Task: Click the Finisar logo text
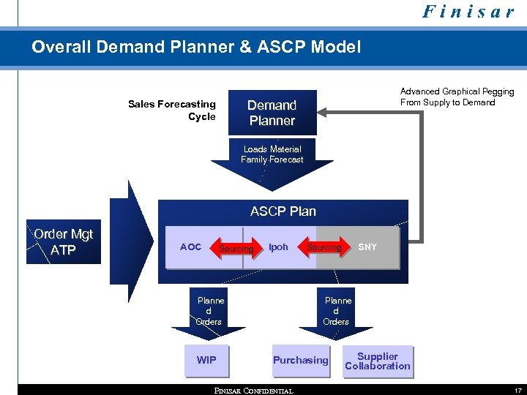click(468, 12)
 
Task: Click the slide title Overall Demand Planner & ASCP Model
click(196, 48)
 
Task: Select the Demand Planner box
click(272, 113)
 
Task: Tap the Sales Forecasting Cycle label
click(173, 110)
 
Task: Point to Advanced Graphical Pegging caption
click(457, 97)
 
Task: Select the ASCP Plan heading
click(283, 211)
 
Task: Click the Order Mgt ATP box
click(64, 242)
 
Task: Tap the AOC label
click(190, 247)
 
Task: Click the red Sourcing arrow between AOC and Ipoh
click(236, 249)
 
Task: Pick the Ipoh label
click(278, 247)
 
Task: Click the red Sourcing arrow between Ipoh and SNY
click(324, 247)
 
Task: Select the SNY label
click(367, 247)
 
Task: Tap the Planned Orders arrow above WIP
click(210, 315)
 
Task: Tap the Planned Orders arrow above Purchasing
click(337, 315)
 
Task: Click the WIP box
click(206, 361)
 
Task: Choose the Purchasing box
click(300, 361)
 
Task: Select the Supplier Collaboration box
click(378, 361)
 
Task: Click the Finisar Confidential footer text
click(253, 391)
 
